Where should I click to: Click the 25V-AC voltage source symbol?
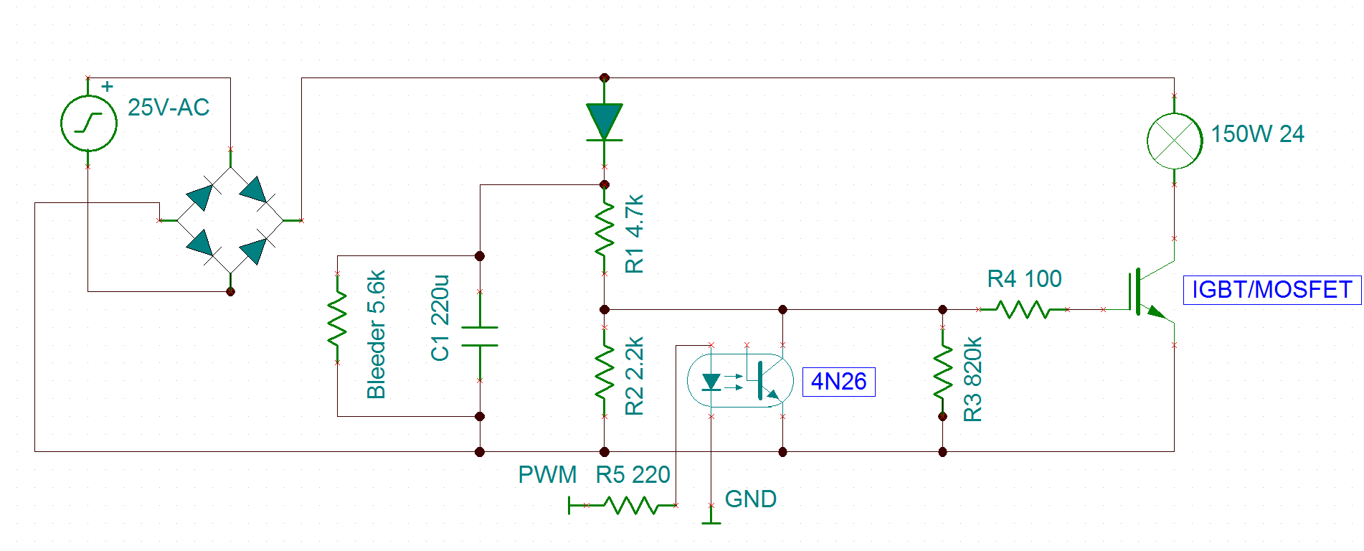coord(88,123)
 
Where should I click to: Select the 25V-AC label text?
coord(169,108)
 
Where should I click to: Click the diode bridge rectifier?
coord(230,220)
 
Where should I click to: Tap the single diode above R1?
coord(605,122)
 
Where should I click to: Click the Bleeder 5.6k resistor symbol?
coord(337,318)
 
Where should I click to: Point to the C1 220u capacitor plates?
coord(480,336)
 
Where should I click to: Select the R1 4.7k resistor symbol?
coord(605,230)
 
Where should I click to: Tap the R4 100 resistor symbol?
coord(1023,309)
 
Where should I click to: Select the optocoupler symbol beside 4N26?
coord(740,380)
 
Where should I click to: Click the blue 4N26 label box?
coord(838,381)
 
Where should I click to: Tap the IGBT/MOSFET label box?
coord(1271,290)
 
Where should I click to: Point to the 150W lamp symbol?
coord(1174,141)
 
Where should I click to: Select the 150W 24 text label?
coord(1257,134)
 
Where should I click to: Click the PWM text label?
coord(547,475)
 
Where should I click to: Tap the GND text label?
coord(751,499)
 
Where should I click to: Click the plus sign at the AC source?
coord(108,87)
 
